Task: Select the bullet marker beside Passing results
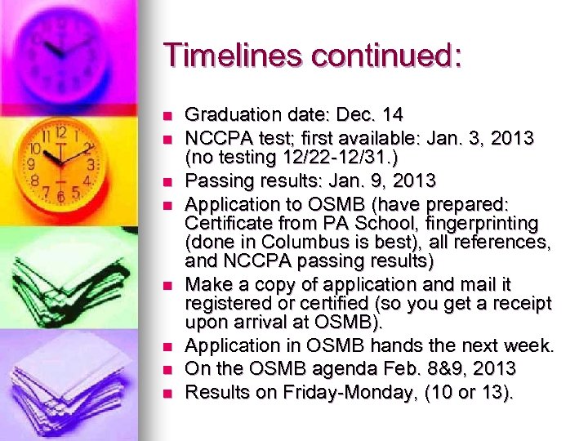[x=168, y=180]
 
